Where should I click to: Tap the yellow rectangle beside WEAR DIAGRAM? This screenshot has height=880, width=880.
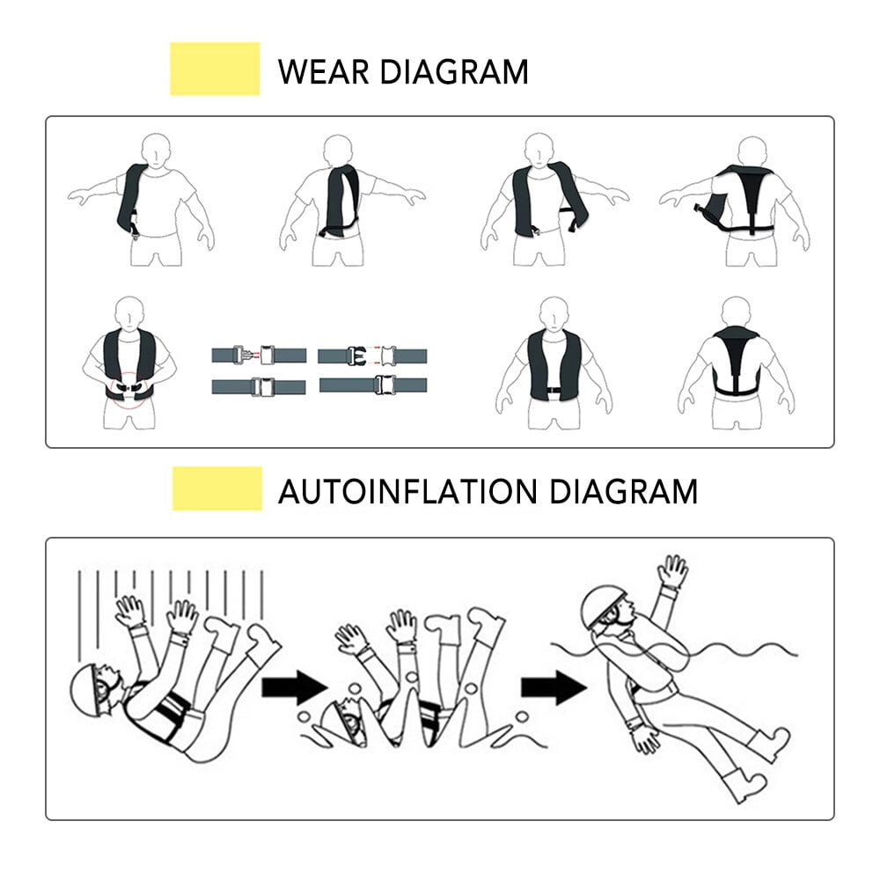point(215,69)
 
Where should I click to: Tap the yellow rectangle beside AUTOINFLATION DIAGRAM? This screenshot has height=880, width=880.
point(216,488)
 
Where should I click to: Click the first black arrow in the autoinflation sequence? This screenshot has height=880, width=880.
point(295,686)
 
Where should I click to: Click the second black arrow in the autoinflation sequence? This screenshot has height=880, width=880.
point(553,686)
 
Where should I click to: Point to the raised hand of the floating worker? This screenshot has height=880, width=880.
point(673,572)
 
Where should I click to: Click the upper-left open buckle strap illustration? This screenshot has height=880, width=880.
point(258,356)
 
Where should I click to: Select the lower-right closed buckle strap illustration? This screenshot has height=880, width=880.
point(373,385)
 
